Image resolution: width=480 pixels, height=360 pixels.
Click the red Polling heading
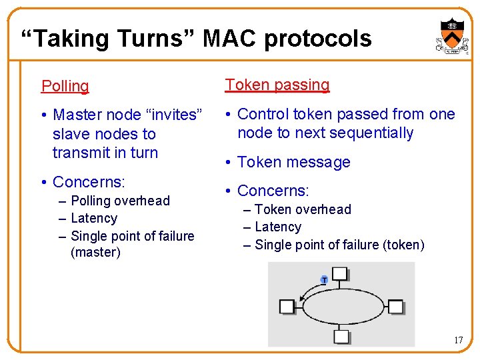[x=65, y=87]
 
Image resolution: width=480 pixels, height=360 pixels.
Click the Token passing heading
[x=277, y=85]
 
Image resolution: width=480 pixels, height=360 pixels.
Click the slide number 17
[x=458, y=341]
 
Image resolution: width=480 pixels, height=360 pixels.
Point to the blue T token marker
[x=324, y=280]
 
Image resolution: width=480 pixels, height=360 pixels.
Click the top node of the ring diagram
[x=340, y=273]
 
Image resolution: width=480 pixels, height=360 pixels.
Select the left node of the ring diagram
[x=287, y=306]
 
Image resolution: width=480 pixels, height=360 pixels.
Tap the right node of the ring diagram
[x=395, y=307]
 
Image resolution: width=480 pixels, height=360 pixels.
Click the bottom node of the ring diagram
[x=341, y=336]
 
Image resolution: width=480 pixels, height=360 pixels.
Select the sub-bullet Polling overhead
[x=120, y=201]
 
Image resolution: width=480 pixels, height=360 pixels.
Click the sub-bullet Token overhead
[x=303, y=209]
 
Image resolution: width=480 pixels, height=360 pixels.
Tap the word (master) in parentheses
[x=95, y=253]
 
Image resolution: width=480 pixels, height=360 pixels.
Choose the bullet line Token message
[x=293, y=162]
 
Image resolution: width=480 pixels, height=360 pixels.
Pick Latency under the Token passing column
[x=278, y=227]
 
